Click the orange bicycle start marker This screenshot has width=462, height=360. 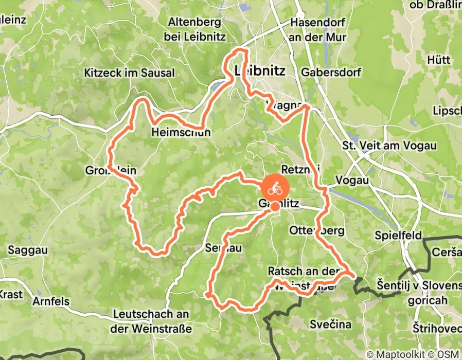pyautogui.click(x=276, y=189)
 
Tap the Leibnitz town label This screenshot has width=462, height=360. pyautogui.click(x=259, y=70)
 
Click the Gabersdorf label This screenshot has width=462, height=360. pyautogui.click(x=332, y=71)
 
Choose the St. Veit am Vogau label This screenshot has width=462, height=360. pyautogui.click(x=389, y=146)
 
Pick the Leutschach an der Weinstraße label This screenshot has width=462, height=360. pyautogui.click(x=151, y=321)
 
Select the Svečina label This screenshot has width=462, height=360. pyautogui.click(x=330, y=324)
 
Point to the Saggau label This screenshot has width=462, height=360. pyautogui.click(x=28, y=250)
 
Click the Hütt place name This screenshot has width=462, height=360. pyautogui.click(x=439, y=60)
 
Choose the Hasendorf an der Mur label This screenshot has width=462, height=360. pyautogui.click(x=318, y=30)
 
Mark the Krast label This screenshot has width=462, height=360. pyautogui.click(x=10, y=295)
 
